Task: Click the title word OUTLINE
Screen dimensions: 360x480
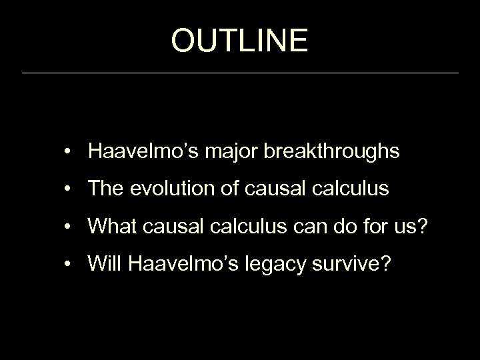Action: point(239,40)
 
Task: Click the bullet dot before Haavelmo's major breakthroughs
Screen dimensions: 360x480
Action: point(69,152)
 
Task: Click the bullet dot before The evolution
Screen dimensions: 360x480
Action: point(69,189)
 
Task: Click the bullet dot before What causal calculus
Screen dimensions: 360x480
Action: point(69,227)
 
